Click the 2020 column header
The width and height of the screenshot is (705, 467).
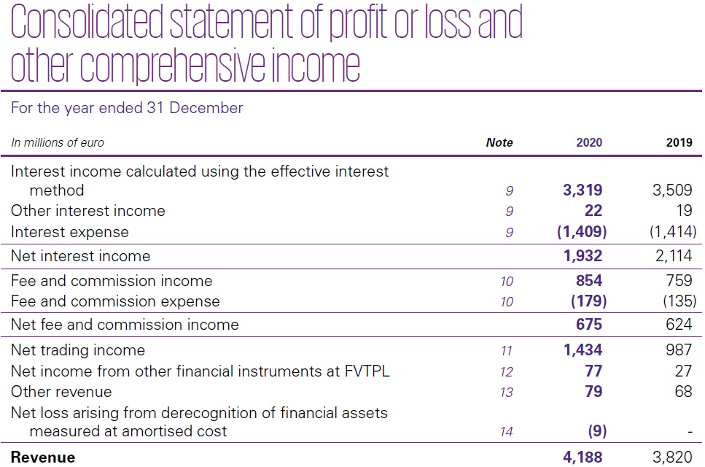(588, 143)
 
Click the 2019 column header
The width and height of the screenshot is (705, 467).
(679, 143)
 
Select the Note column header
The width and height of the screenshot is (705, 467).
(499, 143)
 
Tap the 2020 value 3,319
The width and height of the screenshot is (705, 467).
(583, 191)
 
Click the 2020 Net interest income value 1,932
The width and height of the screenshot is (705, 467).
(583, 256)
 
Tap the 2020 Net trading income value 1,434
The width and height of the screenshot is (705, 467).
(583, 350)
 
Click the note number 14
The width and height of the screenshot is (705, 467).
(507, 432)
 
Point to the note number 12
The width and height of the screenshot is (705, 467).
(507, 372)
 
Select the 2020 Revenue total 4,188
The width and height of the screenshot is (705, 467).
(583, 458)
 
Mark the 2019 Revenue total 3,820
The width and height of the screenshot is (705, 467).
(673, 458)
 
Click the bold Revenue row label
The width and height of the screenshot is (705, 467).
(43, 458)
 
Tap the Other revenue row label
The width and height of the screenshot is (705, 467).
(61, 392)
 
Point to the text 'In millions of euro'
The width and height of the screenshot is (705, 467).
(58, 143)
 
